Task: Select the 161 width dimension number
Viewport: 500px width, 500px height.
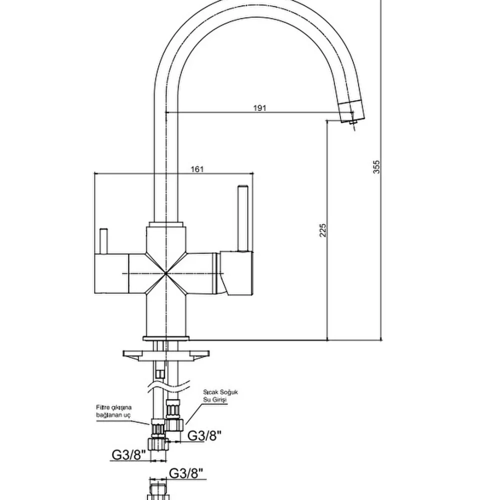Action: coord(197,169)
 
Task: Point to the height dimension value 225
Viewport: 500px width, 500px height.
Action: coord(323,229)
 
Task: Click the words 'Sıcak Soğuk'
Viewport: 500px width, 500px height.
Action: coord(220,392)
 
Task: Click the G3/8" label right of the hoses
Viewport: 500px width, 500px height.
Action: coord(204,436)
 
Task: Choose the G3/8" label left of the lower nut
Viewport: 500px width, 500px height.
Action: coord(128,455)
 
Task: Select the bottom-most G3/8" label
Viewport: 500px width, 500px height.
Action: coord(186,473)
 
